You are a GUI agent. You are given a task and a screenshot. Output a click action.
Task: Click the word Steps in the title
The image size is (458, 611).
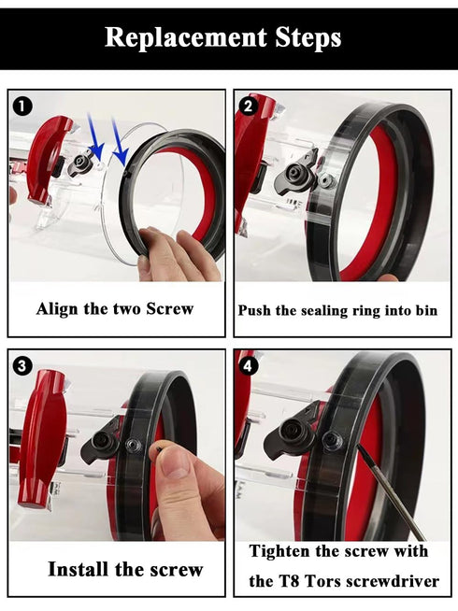[308, 37]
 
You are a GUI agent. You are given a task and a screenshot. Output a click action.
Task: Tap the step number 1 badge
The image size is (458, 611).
[22, 107]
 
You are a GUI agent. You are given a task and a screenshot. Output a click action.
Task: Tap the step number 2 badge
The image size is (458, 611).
[249, 106]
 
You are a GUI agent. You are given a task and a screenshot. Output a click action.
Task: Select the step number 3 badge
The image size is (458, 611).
[22, 366]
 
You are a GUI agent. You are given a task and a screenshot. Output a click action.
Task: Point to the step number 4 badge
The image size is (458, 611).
[249, 366]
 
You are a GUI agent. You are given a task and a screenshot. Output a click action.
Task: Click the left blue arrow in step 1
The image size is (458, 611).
[96, 135]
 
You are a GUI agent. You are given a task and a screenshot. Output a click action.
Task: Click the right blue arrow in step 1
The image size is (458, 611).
[120, 141]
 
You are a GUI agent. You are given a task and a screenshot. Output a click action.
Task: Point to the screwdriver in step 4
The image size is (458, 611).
[391, 491]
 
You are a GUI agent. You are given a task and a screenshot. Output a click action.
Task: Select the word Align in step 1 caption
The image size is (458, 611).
[57, 309]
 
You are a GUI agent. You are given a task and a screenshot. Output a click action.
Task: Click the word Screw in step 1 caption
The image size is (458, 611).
[169, 309]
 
